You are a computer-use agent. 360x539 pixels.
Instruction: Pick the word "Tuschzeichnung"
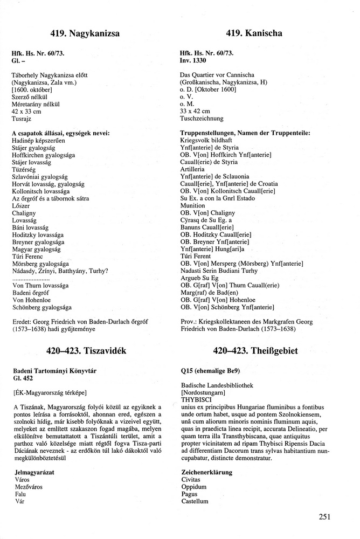(201, 119)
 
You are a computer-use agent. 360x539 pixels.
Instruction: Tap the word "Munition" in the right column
(192, 206)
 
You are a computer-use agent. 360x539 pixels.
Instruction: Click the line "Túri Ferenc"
(27, 257)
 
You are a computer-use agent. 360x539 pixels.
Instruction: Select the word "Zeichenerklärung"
(206, 472)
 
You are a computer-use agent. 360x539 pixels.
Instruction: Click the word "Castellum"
(195, 501)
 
